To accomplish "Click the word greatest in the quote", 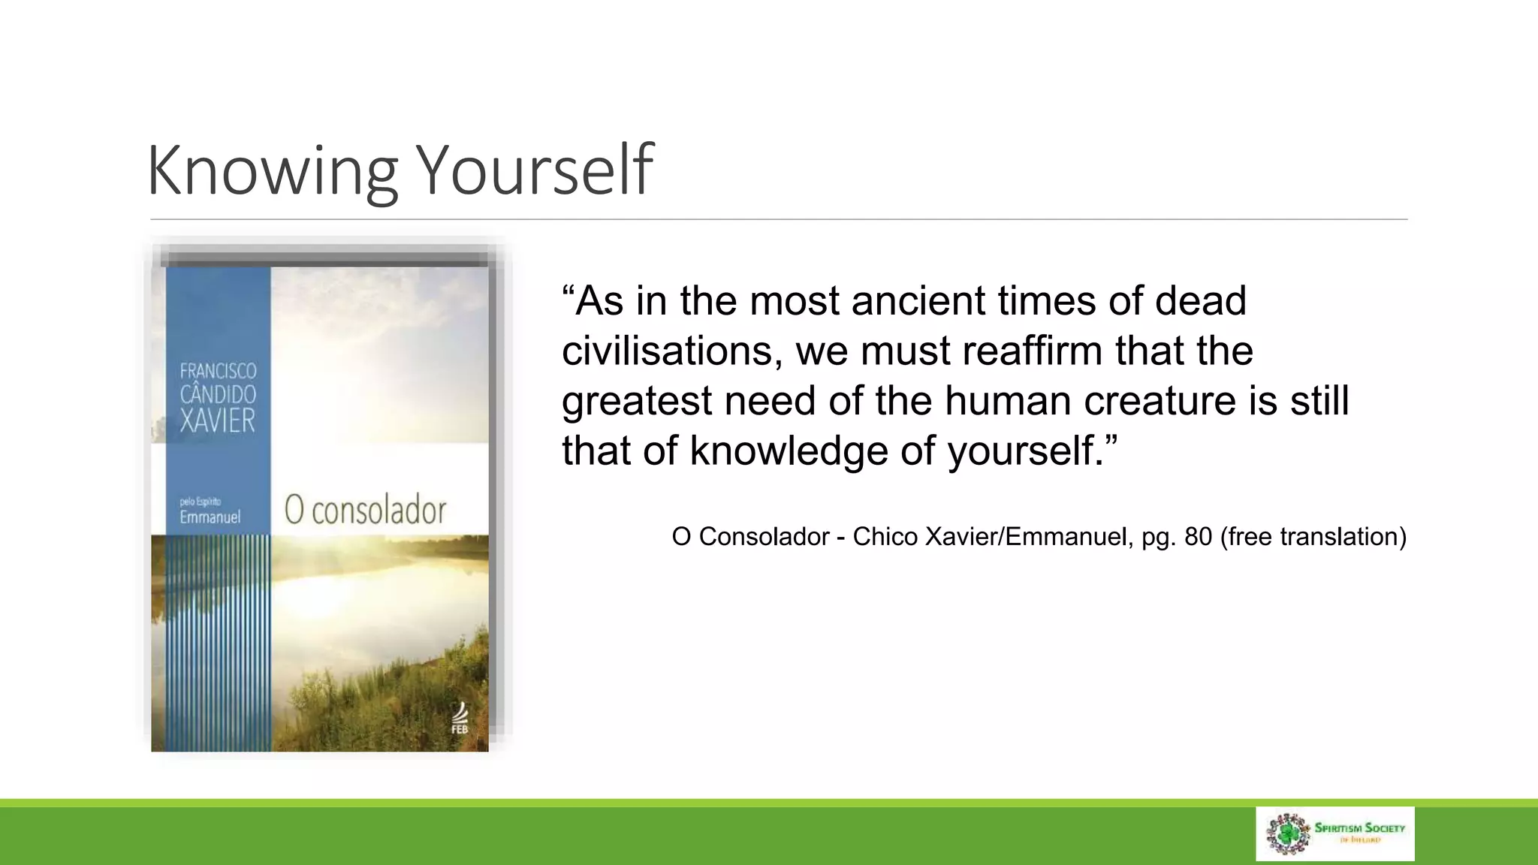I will point(636,402).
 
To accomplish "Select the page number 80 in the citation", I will point(1198,537).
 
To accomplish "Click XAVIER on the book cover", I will point(218,421).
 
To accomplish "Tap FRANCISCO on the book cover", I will point(218,371).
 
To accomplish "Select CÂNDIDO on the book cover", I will point(218,395).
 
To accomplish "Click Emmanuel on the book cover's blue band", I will point(210,517).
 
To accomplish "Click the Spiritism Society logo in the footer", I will point(1334,833).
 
